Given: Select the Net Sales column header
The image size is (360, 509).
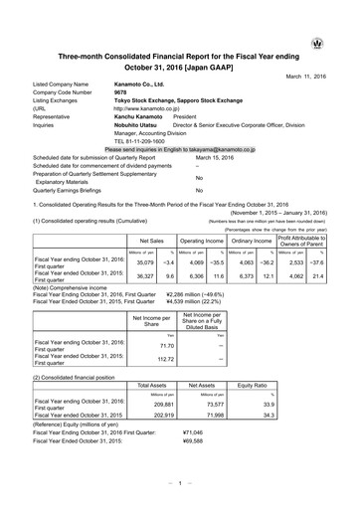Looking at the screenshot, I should (149, 241).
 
